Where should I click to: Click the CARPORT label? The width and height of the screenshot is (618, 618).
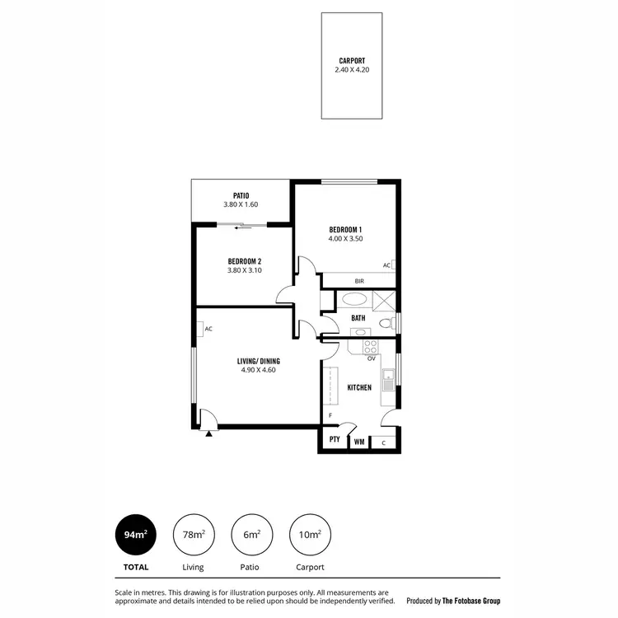pyautogui.click(x=352, y=60)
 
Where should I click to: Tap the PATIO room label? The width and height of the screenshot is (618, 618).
pyautogui.click(x=241, y=195)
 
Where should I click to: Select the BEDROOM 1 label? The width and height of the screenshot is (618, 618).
pyautogui.click(x=346, y=229)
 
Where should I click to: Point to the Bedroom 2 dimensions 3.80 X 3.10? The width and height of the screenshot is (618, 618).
pyautogui.click(x=244, y=270)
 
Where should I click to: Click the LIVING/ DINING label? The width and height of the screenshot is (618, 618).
pyautogui.click(x=257, y=360)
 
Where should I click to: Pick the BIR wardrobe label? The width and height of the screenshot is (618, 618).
pyautogui.click(x=359, y=281)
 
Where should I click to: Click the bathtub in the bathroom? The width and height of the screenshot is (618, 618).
pyautogui.click(x=356, y=300)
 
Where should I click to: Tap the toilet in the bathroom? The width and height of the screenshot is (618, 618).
pyautogui.click(x=387, y=322)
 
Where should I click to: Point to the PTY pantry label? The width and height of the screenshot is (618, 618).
pyautogui.click(x=335, y=440)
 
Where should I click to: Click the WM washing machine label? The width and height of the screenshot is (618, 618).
pyautogui.click(x=358, y=442)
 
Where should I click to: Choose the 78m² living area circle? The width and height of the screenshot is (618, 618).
pyautogui.click(x=194, y=535)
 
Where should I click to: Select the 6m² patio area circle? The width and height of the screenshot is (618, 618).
pyautogui.click(x=251, y=535)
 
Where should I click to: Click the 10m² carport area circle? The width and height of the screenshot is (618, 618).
pyautogui.click(x=310, y=535)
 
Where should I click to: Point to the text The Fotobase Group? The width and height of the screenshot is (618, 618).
pyautogui.click(x=471, y=601)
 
